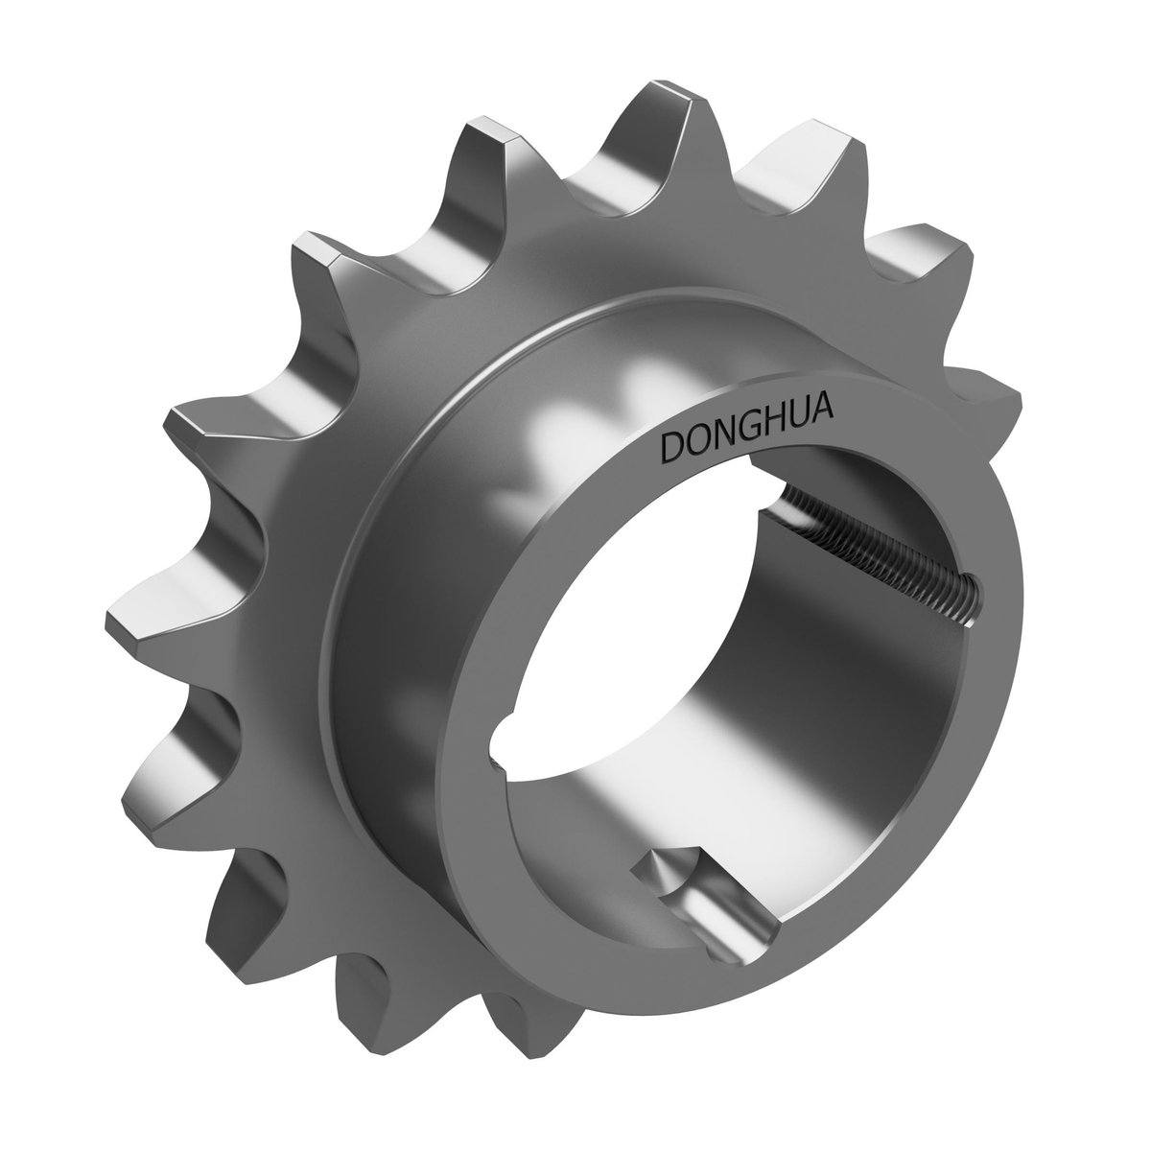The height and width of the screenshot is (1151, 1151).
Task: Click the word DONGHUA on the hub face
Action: (747, 428)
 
